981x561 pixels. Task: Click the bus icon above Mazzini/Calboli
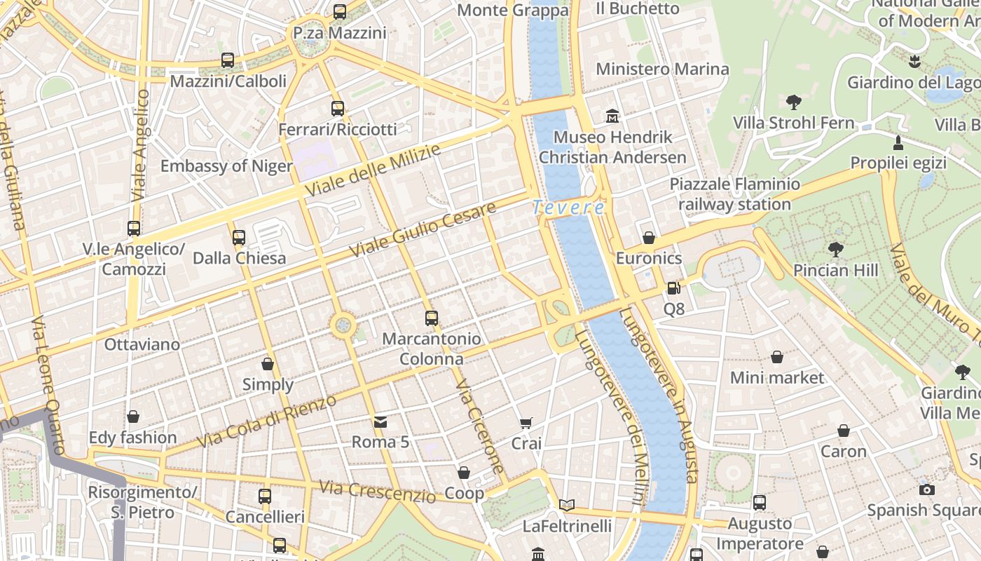[x=228, y=60]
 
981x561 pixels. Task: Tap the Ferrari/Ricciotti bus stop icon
[x=338, y=109]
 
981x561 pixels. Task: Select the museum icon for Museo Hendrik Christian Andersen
[x=612, y=116]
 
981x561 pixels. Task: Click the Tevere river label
[x=568, y=208]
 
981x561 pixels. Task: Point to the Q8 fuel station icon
[x=673, y=288]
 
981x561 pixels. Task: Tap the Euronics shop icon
[x=649, y=238]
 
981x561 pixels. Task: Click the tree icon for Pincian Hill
[x=835, y=250]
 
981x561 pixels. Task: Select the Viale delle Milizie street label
[x=373, y=170]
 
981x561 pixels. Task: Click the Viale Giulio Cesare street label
[x=423, y=229]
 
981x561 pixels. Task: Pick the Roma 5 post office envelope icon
[x=380, y=421]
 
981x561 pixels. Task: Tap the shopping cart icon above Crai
[x=526, y=423]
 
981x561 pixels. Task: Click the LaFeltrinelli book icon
[x=567, y=505]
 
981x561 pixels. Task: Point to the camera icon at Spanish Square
[x=927, y=489]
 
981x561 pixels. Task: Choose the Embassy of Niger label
[x=226, y=166]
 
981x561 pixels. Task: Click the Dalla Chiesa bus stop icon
[x=239, y=238]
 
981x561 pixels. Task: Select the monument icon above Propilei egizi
[x=898, y=143]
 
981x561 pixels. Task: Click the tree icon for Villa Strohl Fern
[x=793, y=102]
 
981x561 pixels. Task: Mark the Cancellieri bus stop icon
[x=265, y=496]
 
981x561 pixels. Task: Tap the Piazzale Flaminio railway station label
[x=734, y=194]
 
